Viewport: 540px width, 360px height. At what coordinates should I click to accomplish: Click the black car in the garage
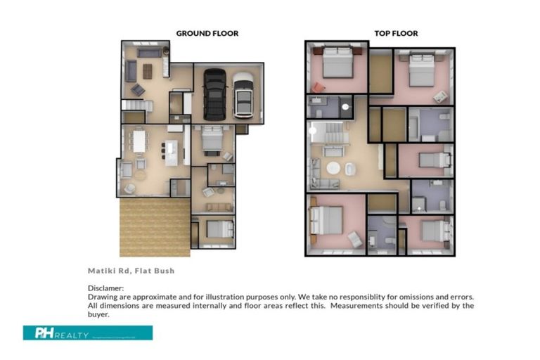point(215,94)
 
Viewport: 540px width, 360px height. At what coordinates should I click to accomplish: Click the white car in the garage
point(243,94)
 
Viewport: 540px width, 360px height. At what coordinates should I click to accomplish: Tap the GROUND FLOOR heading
point(207,33)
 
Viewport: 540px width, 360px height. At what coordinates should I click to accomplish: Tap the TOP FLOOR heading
point(395,33)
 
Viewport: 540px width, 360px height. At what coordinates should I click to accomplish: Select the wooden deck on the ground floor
point(154,226)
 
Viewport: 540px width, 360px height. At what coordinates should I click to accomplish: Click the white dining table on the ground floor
point(139,143)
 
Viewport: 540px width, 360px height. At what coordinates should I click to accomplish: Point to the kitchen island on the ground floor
point(172,152)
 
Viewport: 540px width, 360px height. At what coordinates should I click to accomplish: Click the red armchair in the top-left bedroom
point(320,87)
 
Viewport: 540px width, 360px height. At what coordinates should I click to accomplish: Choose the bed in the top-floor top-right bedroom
point(422,69)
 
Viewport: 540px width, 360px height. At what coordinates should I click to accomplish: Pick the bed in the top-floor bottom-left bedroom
point(328,219)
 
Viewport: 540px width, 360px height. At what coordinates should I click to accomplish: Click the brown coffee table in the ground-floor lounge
point(148,71)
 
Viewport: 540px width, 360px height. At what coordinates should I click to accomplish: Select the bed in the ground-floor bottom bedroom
point(219,229)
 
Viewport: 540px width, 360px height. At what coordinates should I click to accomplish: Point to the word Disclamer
point(105,288)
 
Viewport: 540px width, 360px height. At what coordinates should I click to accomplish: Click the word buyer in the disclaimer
point(99,315)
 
